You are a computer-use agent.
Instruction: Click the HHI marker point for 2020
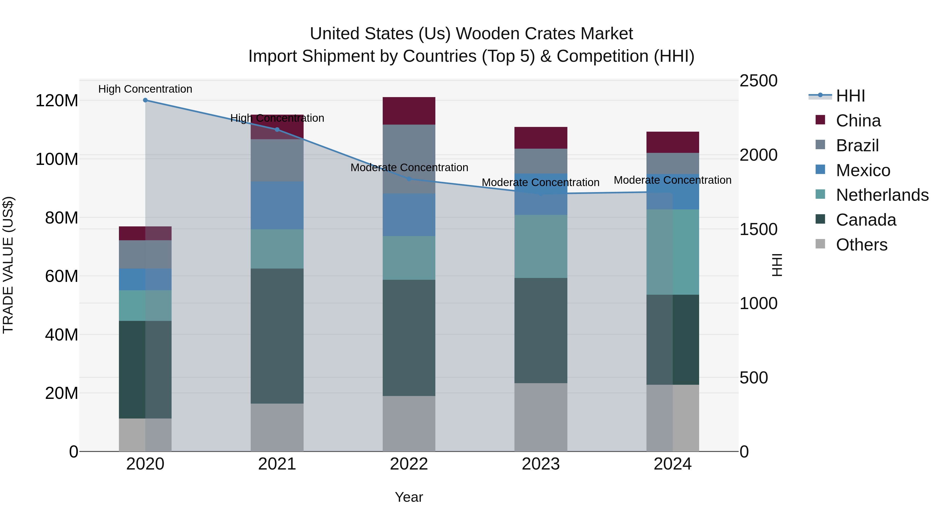coord(145,100)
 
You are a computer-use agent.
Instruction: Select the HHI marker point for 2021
coord(277,130)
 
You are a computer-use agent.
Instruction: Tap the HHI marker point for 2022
coord(409,179)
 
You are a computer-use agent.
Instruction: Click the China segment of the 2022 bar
coord(409,111)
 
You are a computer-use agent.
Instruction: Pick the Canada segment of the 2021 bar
coord(277,336)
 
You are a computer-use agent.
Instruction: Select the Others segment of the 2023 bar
coord(541,417)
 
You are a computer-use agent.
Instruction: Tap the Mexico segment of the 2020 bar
coord(145,280)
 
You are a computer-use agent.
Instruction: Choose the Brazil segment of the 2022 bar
coord(409,159)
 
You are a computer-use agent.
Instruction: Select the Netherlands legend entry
coord(882,195)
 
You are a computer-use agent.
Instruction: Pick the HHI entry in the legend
coord(850,96)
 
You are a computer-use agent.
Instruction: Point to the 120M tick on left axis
coord(57,101)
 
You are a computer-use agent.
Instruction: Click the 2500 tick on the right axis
coord(758,81)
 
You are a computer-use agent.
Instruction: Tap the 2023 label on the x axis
coord(541,464)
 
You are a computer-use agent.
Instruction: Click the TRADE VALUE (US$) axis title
coord(8,265)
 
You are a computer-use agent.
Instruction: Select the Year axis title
coord(409,497)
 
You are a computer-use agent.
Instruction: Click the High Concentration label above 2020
coord(145,89)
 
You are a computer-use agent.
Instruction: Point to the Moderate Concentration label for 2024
coord(672,180)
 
